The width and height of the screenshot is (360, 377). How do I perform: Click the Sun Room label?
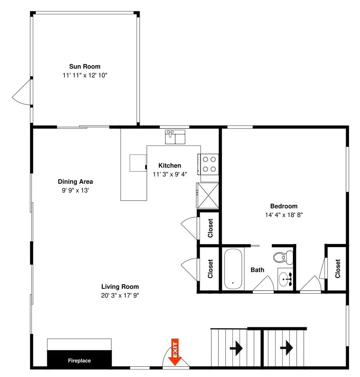click(85, 67)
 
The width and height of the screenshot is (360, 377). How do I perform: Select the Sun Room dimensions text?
click(85, 75)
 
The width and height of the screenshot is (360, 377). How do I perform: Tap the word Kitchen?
click(169, 166)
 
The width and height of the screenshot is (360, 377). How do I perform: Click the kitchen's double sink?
click(175, 137)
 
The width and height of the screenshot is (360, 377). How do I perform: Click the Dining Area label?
click(75, 182)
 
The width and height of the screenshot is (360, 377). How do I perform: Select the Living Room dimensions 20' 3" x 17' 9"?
click(120, 295)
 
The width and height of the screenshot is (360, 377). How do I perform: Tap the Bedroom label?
click(283, 206)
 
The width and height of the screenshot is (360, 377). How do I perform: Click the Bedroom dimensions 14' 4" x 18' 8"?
click(284, 215)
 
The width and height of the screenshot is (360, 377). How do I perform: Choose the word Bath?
click(257, 270)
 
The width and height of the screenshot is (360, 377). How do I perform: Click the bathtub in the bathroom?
click(234, 268)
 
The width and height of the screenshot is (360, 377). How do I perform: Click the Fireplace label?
click(79, 361)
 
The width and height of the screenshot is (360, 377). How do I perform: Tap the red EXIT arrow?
click(174, 352)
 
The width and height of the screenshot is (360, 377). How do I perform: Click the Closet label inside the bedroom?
click(337, 268)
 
